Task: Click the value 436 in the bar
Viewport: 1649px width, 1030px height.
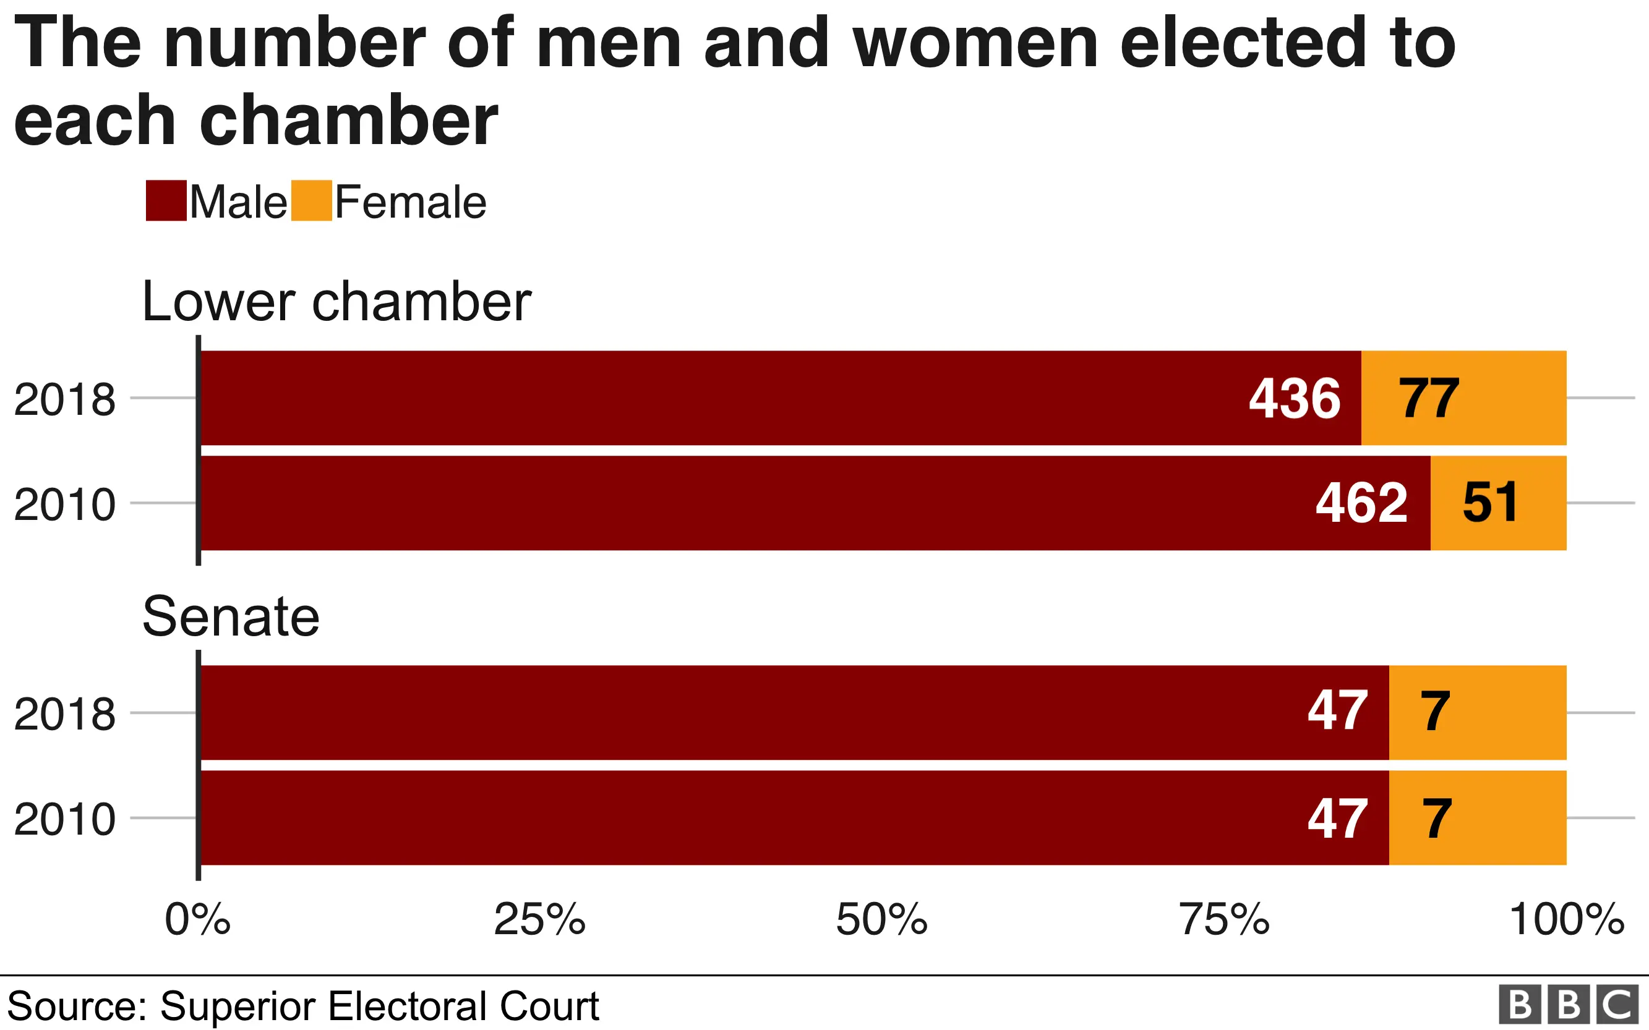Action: point(1295,399)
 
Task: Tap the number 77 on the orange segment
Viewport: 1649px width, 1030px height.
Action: point(1429,399)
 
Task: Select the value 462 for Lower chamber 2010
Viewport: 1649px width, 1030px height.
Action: point(1361,503)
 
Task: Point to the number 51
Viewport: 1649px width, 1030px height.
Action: point(1490,503)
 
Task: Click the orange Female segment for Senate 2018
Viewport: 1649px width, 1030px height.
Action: point(1477,713)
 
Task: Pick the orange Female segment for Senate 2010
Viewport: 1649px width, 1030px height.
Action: point(1477,817)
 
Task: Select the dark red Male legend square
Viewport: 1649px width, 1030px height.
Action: point(166,201)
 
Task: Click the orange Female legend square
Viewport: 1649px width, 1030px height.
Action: point(311,201)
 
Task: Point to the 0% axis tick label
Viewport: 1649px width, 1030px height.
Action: point(197,920)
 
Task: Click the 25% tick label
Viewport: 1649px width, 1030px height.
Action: point(540,920)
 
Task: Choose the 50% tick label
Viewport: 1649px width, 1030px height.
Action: point(882,920)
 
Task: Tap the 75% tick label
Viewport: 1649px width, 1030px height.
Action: point(1225,920)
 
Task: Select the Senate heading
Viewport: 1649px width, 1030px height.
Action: point(230,616)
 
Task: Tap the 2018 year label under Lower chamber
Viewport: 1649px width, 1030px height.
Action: point(65,400)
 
